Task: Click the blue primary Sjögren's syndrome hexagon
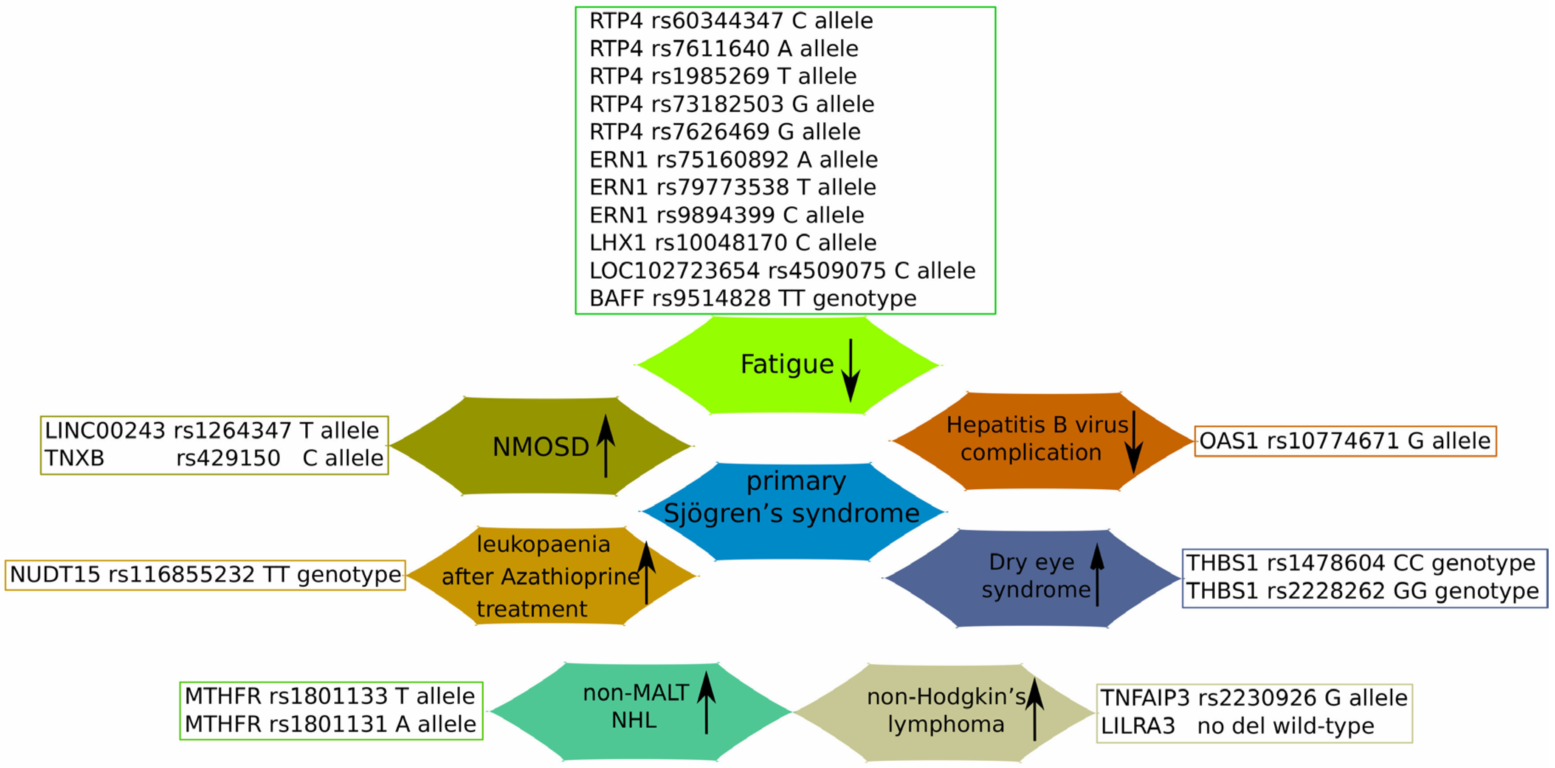tap(792, 512)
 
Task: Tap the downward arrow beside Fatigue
tap(851, 370)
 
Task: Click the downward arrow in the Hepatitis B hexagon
tap(1134, 442)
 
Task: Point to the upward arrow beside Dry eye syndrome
tap(1097, 574)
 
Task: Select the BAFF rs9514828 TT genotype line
tap(753, 298)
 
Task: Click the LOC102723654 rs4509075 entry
tap(782, 271)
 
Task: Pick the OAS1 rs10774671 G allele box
tap(1345, 441)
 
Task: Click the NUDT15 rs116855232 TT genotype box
tap(205, 575)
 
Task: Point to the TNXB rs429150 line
tap(214, 458)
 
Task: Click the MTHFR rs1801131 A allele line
tap(330, 724)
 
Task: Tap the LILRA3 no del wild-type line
tap(1237, 726)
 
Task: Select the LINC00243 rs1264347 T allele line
tap(212, 430)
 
